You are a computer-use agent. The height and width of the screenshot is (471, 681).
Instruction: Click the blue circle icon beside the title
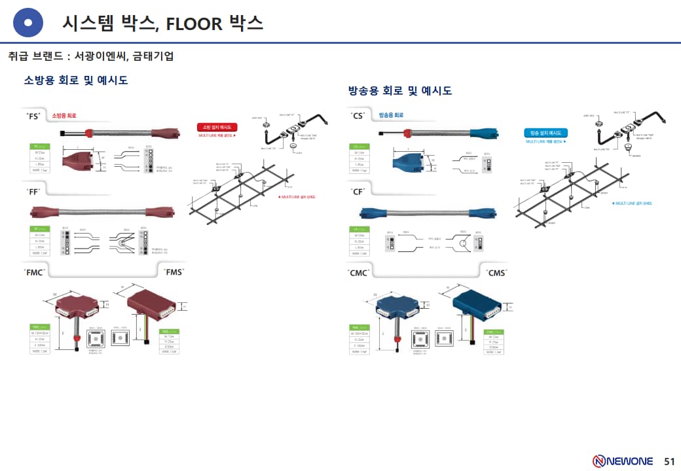coord(28,24)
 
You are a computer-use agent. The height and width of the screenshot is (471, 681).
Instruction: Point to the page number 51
coord(669,461)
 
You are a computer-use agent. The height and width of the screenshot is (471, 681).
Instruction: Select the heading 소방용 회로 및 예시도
coord(76,80)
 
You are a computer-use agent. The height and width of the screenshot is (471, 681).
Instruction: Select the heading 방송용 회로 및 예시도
coord(400,90)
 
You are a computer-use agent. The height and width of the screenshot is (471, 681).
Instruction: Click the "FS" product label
coord(33,116)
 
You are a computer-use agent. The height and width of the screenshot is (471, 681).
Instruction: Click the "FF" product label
coord(33,191)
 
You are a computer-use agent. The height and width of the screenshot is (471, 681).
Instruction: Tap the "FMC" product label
coord(35,272)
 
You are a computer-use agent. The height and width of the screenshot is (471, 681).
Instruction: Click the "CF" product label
coord(358,191)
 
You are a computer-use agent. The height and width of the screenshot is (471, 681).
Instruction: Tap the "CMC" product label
coord(359,272)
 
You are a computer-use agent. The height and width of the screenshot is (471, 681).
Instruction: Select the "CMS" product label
coord(496,272)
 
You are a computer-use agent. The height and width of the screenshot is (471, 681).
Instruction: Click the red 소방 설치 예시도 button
coord(217,127)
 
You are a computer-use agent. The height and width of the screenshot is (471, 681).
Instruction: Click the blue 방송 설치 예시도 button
coord(545,133)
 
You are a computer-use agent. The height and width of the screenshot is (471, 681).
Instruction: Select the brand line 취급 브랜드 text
coord(91,56)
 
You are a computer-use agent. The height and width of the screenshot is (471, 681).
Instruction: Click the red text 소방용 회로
coord(64,116)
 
